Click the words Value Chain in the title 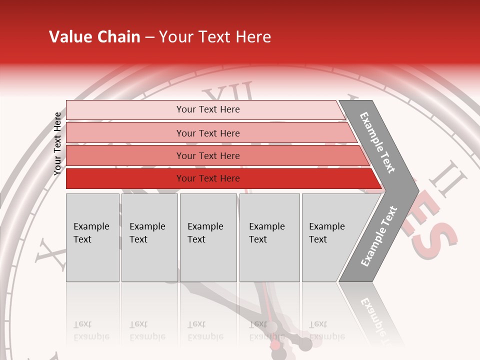pyautogui.click(x=94, y=37)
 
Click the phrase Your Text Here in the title pyautogui.click(x=215, y=37)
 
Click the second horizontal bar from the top pyautogui.click(x=207, y=133)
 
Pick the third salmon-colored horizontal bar pyautogui.click(x=207, y=155)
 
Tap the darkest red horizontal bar pyautogui.click(x=207, y=178)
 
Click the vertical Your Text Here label pyautogui.click(x=57, y=144)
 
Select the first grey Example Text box pyautogui.click(x=92, y=237)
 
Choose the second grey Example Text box pyautogui.click(x=149, y=237)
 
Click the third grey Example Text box pyautogui.click(x=208, y=237)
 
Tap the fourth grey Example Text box pyautogui.click(x=269, y=237)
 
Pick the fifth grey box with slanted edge pyautogui.click(x=330, y=237)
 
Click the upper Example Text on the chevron pyautogui.click(x=377, y=142)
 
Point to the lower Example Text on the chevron pyautogui.click(x=379, y=236)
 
